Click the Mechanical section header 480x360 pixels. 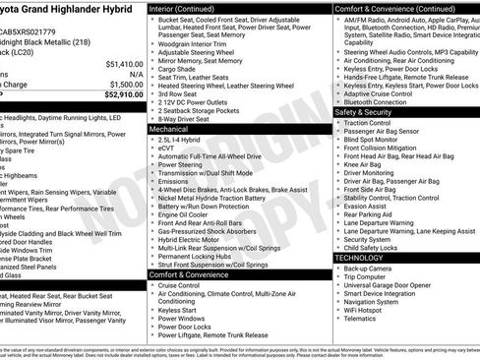click(x=168, y=129)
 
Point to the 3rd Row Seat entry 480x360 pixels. click(x=180, y=94)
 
